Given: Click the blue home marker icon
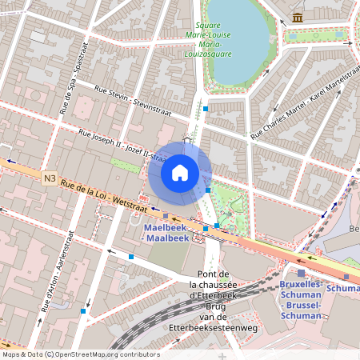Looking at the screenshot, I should [x=180, y=173].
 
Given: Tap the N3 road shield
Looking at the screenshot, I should [x=50, y=179].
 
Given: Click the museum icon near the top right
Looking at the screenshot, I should [x=298, y=17].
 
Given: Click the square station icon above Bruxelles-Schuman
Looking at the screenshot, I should [x=301, y=273].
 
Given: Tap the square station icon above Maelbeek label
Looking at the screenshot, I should [x=166, y=215].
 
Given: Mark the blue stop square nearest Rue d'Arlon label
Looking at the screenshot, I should [x=83, y=310].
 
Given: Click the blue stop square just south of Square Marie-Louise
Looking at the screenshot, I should [x=206, y=107].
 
